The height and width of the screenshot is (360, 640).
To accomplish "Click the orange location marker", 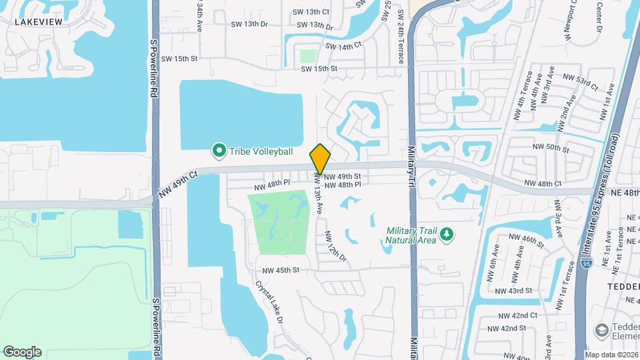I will (x=321, y=159).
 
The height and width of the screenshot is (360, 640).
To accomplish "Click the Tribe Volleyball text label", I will (x=261, y=151).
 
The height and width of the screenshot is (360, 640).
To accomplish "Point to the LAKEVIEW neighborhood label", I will (x=39, y=22).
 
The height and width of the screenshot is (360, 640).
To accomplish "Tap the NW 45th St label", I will (x=281, y=270).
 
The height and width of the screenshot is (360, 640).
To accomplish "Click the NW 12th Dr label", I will (x=335, y=247).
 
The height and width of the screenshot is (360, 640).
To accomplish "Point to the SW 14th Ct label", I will (x=343, y=46).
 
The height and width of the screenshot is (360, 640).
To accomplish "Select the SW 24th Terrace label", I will (x=400, y=37).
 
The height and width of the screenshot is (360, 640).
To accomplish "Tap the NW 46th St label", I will (x=527, y=237).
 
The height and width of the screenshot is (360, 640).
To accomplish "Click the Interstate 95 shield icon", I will (x=585, y=265).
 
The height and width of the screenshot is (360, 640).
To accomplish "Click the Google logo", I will (x=22, y=351).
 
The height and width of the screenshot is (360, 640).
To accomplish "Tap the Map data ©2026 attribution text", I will (x=611, y=354).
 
